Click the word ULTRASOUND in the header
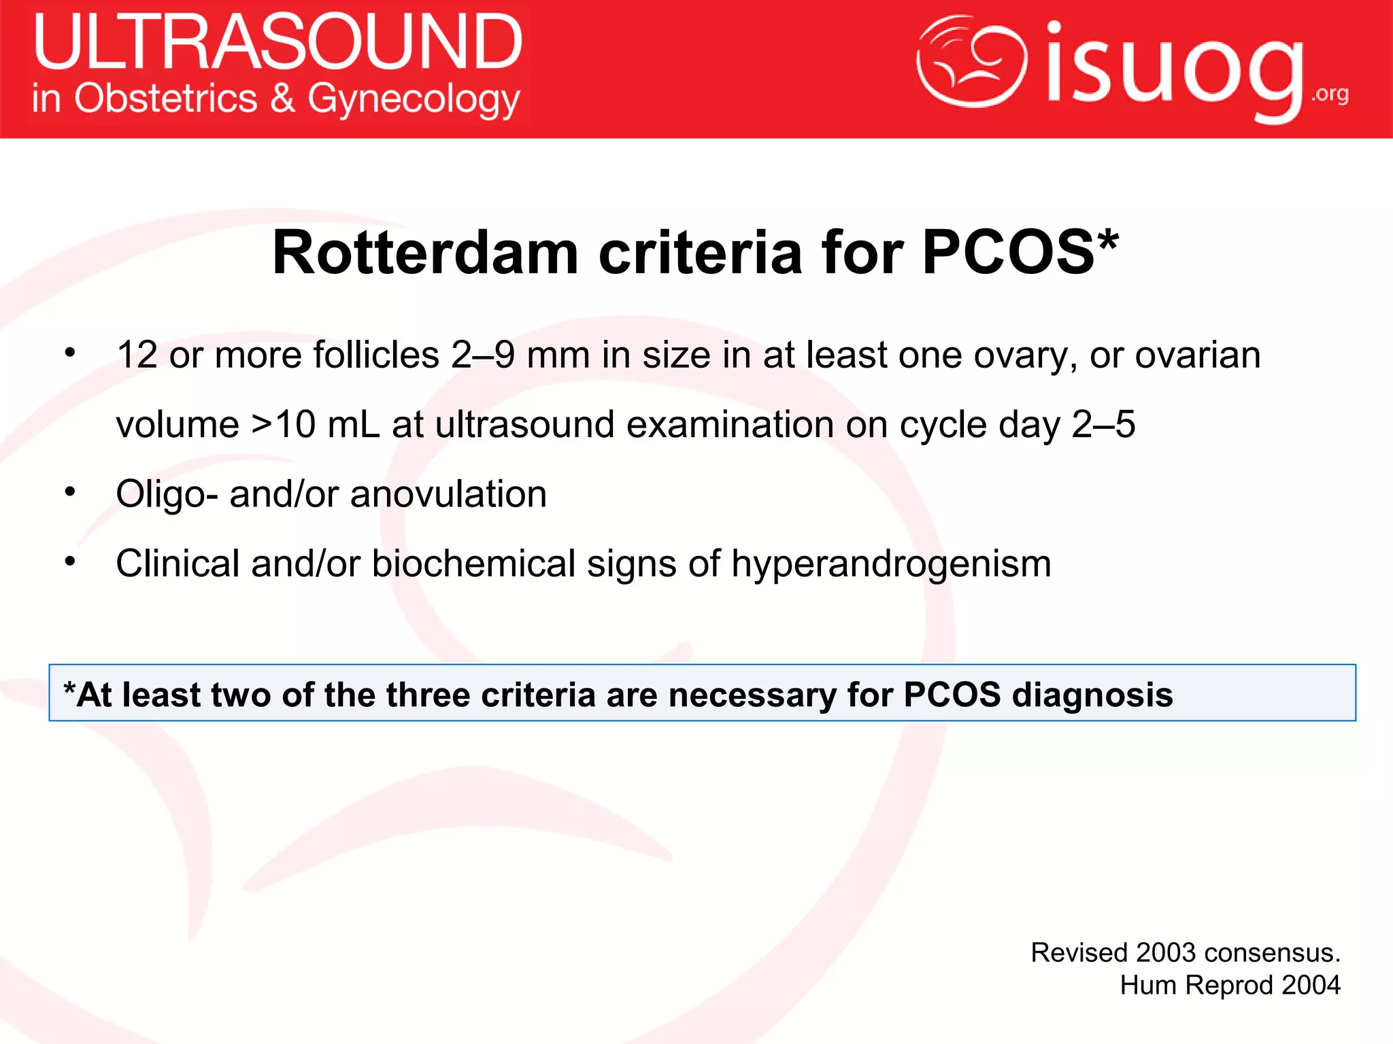point(278,42)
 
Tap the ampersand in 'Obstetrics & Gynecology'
point(282,98)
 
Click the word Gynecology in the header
point(414,101)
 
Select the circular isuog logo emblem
point(971,63)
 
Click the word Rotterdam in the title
point(425,253)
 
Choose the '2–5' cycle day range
point(1103,425)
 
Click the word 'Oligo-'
point(167,494)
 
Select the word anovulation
point(448,494)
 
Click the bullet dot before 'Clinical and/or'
point(70,561)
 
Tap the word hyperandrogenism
point(891,564)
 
